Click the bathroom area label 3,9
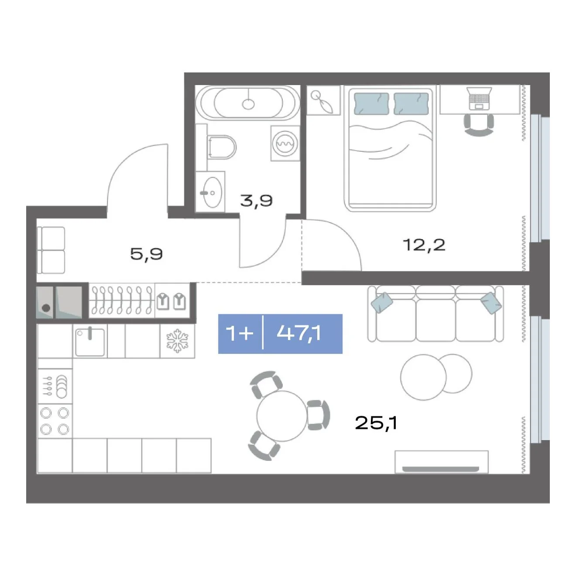click(257, 201)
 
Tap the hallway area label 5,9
click(147, 254)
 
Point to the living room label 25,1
click(376, 423)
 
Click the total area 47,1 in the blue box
click(299, 333)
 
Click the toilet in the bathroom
click(222, 147)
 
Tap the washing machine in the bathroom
click(285, 143)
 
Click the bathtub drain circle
click(248, 104)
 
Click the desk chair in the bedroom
click(479, 125)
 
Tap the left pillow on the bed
click(371, 103)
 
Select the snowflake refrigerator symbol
click(178, 340)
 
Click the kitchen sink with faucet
click(90, 342)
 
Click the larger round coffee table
click(423, 377)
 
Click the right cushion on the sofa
click(491, 303)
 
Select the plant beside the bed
click(323, 101)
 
